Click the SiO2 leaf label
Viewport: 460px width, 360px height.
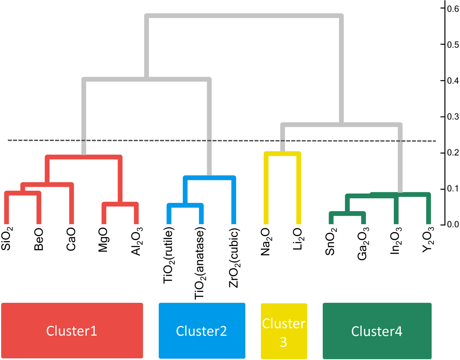(x=7, y=239)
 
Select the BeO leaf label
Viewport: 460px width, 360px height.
(x=39, y=239)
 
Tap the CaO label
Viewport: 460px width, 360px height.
(x=71, y=239)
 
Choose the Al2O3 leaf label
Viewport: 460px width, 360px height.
(x=136, y=241)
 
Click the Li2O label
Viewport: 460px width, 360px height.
(x=298, y=239)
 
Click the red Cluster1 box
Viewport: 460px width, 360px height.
(x=72, y=331)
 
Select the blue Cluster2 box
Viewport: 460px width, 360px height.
(x=202, y=331)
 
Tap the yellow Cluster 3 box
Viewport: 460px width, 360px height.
(x=284, y=331)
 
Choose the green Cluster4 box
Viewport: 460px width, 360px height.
(x=377, y=331)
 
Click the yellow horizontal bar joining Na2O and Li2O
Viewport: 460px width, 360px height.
(x=283, y=153)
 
